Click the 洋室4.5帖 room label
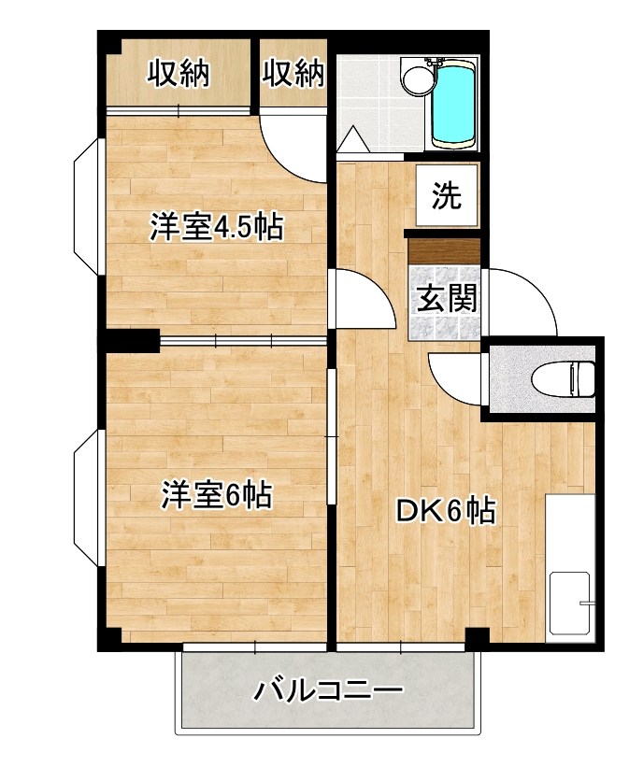(217, 228)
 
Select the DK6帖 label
(444, 511)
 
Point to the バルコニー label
(328, 692)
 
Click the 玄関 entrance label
(446, 298)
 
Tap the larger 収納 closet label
(178, 73)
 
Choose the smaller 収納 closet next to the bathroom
(293, 73)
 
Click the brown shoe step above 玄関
(444, 250)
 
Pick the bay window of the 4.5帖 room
(88, 206)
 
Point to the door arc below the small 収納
(293, 149)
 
